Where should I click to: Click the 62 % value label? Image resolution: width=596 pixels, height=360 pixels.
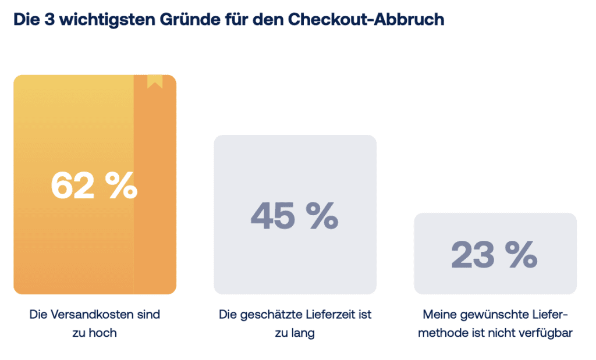94,185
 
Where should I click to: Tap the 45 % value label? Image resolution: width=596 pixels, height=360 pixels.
295,216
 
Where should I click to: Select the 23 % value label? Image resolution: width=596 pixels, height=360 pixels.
495,254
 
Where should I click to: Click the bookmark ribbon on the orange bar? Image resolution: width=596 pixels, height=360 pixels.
155,81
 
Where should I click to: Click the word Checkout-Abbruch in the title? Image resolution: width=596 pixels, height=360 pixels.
366,19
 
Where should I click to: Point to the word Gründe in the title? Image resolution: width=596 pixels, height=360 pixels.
190,19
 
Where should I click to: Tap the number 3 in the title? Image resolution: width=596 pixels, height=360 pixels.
49,19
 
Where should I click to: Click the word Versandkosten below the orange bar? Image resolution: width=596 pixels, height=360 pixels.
92,315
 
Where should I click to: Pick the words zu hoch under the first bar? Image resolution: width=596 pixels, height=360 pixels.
95,333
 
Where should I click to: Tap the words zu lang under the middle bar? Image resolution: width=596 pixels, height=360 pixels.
295,333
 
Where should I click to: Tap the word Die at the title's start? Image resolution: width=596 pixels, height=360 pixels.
27,19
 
